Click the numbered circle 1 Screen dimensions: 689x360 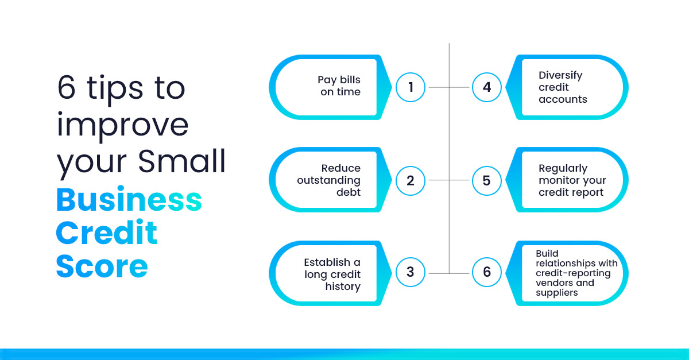click(411, 87)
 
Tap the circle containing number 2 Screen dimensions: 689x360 click(411, 181)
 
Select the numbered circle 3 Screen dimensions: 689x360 click(411, 272)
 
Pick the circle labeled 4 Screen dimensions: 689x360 click(487, 87)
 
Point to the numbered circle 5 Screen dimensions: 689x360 click(487, 181)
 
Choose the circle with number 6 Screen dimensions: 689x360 click(487, 272)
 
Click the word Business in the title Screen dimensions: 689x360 click(129, 199)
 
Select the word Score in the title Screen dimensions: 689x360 click(102, 266)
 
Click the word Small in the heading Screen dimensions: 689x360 click(182, 161)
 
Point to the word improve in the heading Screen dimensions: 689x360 click(122, 126)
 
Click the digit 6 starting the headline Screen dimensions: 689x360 click(66, 88)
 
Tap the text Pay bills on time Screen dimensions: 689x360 click(339, 86)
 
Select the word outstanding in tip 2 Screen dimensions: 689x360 click(328, 180)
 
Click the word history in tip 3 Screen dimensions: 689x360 click(343, 286)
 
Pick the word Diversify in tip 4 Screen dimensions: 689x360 click(560, 75)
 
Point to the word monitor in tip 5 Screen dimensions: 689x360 click(557, 180)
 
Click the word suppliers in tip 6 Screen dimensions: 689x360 click(557, 293)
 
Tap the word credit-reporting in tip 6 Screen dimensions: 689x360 click(573, 273)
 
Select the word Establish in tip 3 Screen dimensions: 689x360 click(327, 262)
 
